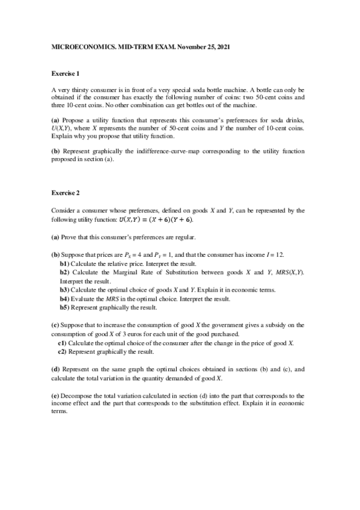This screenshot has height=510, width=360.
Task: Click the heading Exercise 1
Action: (x=66, y=74)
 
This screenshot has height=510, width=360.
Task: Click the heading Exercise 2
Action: (x=66, y=193)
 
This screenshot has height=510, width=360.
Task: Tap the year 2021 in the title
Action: (x=221, y=46)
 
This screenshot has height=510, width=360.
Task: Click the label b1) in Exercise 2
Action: (x=64, y=263)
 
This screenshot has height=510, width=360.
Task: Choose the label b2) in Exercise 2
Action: (x=64, y=272)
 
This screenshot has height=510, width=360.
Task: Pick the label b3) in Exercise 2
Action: (x=64, y=289)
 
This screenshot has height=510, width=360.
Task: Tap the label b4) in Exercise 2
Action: (x=64, y=298)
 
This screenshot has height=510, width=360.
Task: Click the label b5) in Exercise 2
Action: (x=64, y=307)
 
